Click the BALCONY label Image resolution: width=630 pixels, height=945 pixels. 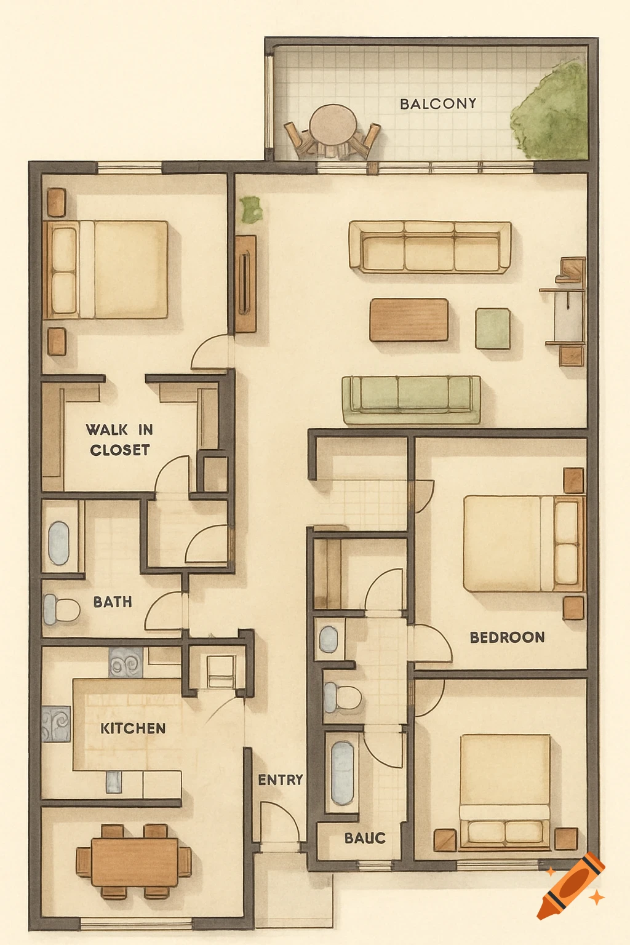(x=438, y=104)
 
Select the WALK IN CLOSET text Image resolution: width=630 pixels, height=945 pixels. (x=119, y=439)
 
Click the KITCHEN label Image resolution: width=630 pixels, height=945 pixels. (x=133, y=728)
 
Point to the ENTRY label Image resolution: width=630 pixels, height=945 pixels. (x=281, y=780)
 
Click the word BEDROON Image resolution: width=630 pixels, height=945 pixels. (x=507, y=637)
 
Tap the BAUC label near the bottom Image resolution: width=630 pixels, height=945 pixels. (x=365, y=838)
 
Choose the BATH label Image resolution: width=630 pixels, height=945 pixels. (x=113, y=602)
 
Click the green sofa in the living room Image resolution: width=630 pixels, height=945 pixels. (x=411, y=400)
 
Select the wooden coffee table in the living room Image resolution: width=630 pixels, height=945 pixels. (x=409, y=320)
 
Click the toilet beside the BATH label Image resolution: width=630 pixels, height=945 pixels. (x=62, y=610)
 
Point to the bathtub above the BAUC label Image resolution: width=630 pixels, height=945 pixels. (x=342, y=773)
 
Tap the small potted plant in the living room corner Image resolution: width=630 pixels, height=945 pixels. (x=250, y=210)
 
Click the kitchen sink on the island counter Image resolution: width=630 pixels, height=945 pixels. (x=114, y=782)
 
